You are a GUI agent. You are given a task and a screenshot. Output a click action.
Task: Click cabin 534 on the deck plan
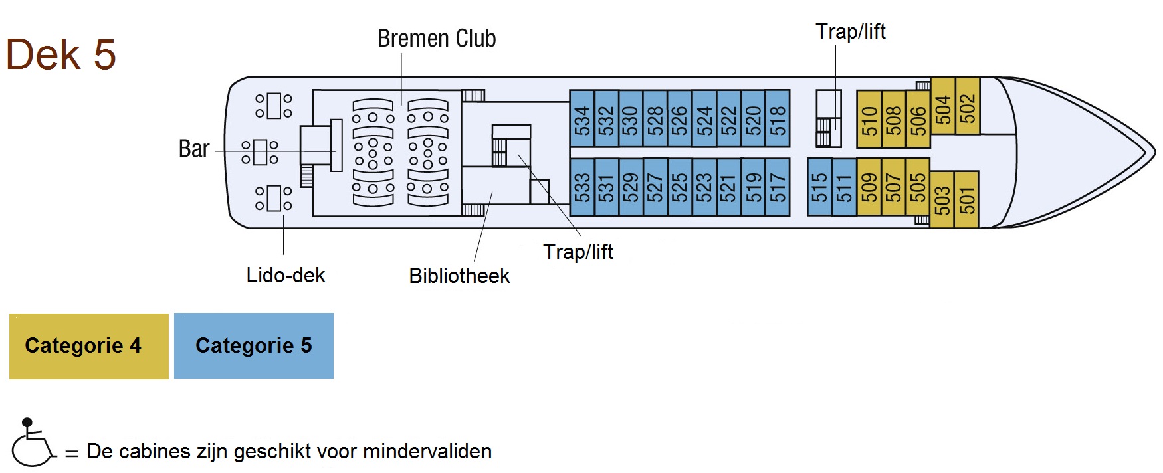(x=582, y=119)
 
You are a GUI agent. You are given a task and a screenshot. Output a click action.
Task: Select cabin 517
(x=778, y=187)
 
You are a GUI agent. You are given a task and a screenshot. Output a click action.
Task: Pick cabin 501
(x=967, y=200)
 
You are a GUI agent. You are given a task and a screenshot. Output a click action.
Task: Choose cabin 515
(x=819, y=187)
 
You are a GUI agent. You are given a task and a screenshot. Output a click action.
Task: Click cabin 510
(x=869, y=120)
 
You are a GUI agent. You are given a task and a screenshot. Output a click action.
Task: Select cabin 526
(x=680, y=119)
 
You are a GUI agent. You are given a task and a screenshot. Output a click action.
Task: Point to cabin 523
(x=704, y=187)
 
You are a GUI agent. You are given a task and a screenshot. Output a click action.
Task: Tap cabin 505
(x=918, y=187)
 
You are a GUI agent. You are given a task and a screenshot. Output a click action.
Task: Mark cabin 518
(x=778, y=119)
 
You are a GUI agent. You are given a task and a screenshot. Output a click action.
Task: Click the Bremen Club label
(x=437, y=39)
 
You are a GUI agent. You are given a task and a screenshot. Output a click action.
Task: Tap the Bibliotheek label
(x=459, y=276)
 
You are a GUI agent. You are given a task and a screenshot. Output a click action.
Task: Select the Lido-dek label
(x=286, y=275)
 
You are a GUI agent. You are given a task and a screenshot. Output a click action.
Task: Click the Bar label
(x=194, y=149)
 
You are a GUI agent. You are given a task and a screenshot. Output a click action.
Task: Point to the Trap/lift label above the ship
(x=851, y=31)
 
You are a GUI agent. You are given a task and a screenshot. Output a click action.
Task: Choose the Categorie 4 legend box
(x=89, y=346)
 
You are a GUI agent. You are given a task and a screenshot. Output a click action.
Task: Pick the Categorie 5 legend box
(x=254, y=346)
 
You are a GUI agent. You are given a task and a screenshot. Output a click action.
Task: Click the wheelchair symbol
(x=32, y=443)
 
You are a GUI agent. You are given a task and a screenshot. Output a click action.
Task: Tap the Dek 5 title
(x=61, y=54)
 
